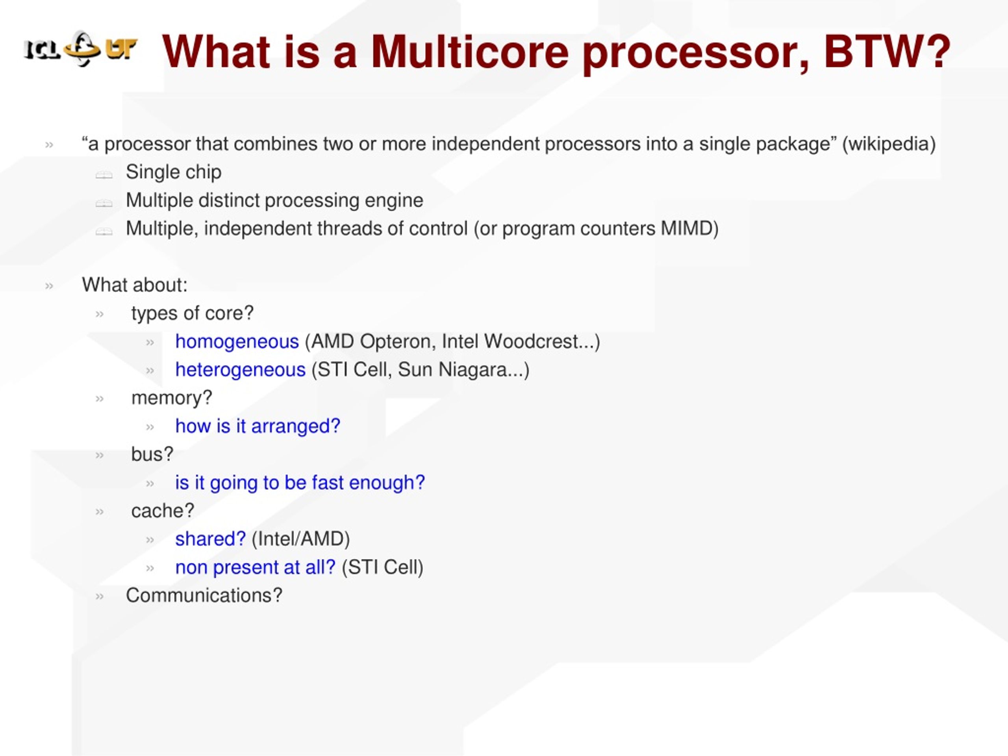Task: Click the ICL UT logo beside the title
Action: pyautogui.click(x=80, y=49)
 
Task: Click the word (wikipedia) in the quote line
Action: pyautogui.click(x=889, y=145)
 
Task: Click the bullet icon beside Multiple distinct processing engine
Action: pyautogui.click(x=104, y=203)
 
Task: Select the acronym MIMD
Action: pyautogui.click(x=686, y=228)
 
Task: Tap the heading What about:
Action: pyautogui.click(x=134, y=285)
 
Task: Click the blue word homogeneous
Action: pyautogui.click(x=237, y=341)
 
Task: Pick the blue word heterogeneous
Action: pyautogui.click(x=240, y=370)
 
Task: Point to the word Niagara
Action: pyautogui.click(x=472, y=370)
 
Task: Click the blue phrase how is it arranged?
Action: pyautogui.click(x=258, y=426)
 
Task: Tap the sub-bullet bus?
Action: pyautogui.click(x=152, y=454)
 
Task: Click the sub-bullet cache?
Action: pyautogui.click(x=163, y=511)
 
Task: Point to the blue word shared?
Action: pyautogui.click(x=211, y=539)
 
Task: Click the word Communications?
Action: pyautogui.click(x=204, y=596)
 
